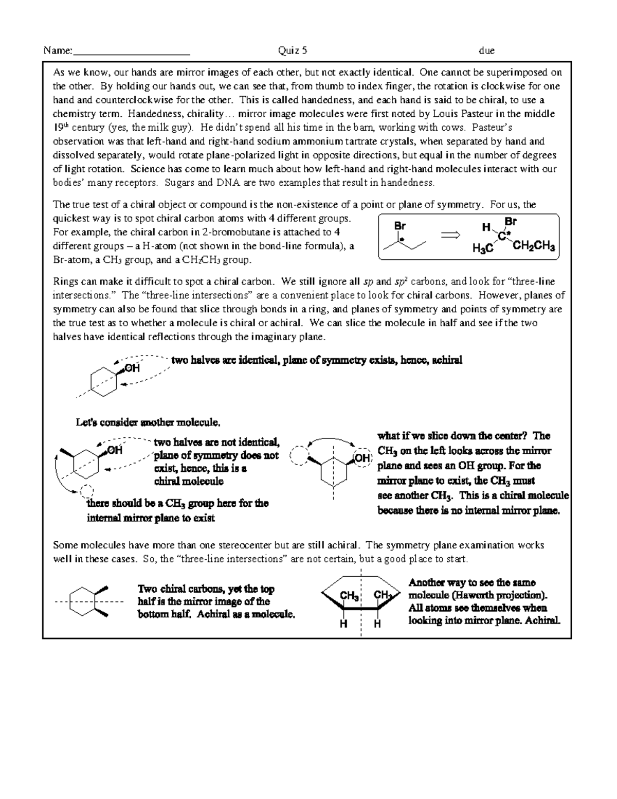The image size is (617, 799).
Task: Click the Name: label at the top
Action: pyautogui.click(x=58, y=50)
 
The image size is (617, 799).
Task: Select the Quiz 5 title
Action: pyautogui.click(x=293, y=50)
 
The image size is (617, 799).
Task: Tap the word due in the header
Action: pyautogui.click(x=486, y=50)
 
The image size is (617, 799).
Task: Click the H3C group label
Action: pyautogui.click(x=483, y=248)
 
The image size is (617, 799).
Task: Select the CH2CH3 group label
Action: pyautogui.click(x=534, y=247)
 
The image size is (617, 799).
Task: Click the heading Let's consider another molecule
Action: pyautogui.click(x=148, y=423)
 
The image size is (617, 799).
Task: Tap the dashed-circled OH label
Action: pyautogui.click(x=362, y=458)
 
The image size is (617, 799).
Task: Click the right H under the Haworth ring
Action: pyautogui.click(x=377, y=624)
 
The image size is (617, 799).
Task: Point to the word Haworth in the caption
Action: pyautogui.click(x=486, y=595)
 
